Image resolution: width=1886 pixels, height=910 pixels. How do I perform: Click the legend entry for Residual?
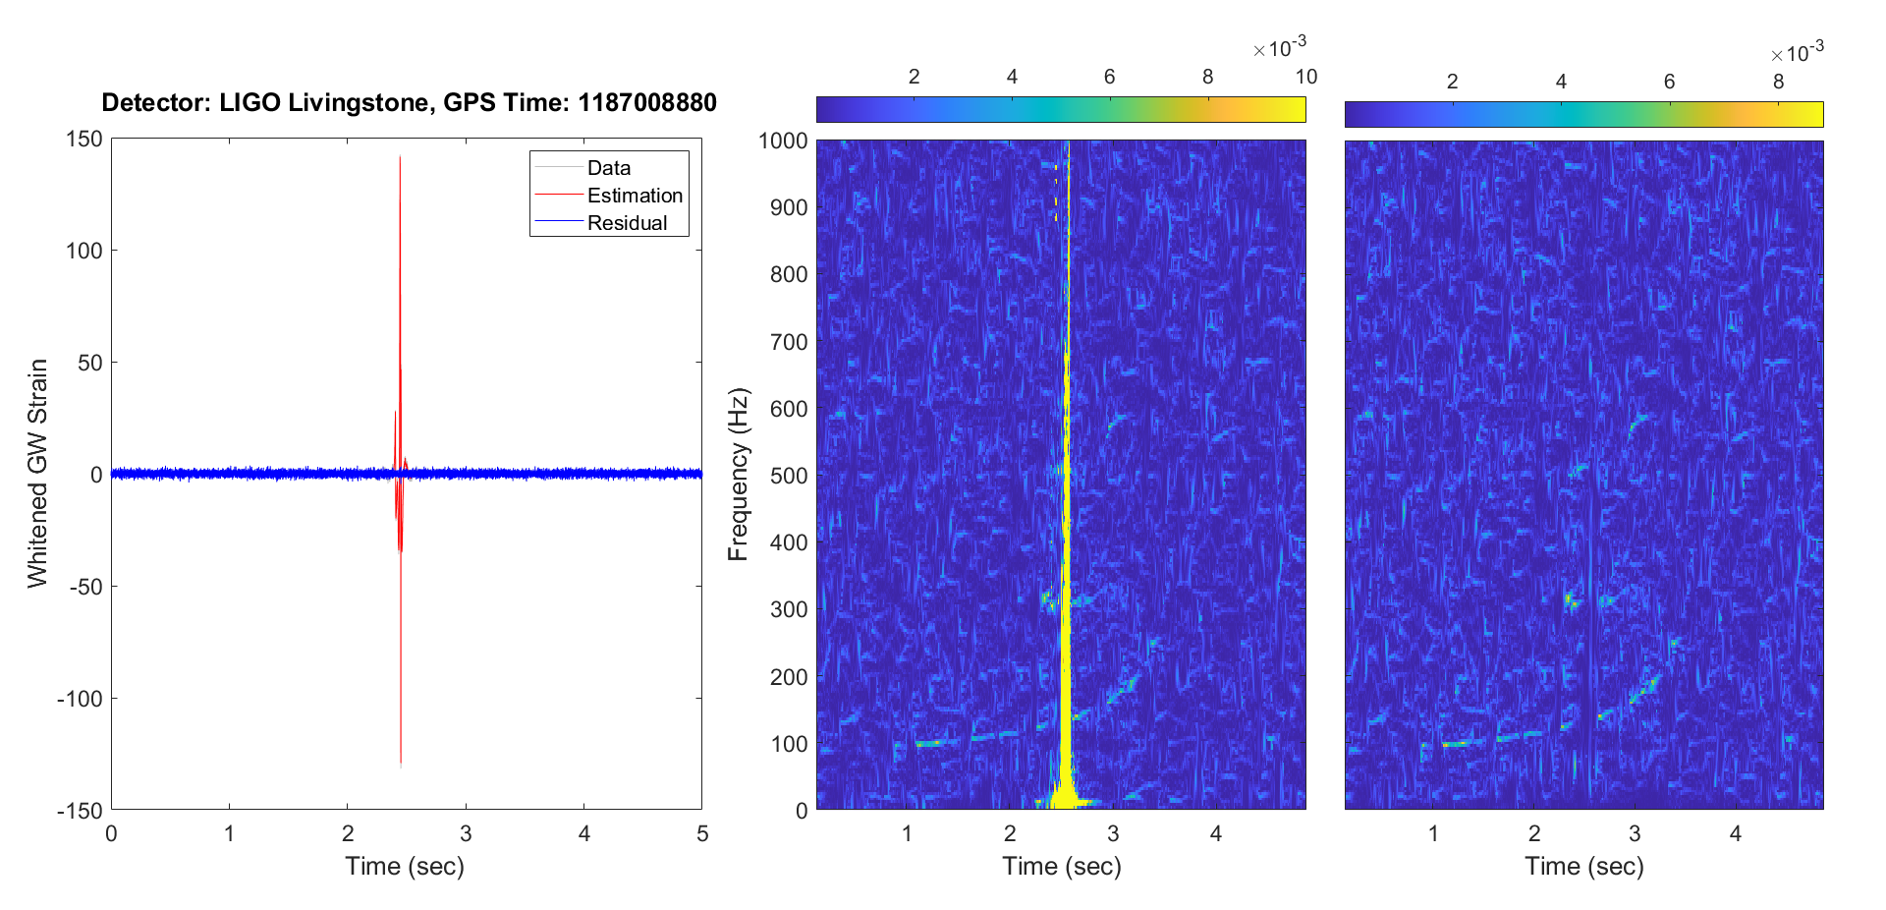(x=627, y=223)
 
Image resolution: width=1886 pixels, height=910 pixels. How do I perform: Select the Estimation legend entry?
(x=635, y=196)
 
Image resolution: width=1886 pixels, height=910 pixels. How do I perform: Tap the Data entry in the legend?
(x=609, y=168)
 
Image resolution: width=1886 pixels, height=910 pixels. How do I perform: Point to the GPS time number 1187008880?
(x=647, y=103)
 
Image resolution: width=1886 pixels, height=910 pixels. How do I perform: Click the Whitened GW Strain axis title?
(x=37, y=473)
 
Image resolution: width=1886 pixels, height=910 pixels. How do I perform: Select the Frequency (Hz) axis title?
(x=739, y=474)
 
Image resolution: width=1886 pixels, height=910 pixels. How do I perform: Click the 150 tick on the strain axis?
(x=84, y=140)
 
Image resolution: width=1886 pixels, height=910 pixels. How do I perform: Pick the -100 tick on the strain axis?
(x=80, y=699)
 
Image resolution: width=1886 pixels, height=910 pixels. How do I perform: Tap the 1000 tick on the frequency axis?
(x=783, y=141)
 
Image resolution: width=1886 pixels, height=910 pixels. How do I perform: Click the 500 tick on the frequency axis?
(x=789, y=476)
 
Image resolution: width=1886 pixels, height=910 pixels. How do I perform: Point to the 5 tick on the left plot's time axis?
(x=702, y=834)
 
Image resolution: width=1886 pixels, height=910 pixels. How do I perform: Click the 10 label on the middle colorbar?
(x=1305, y=77)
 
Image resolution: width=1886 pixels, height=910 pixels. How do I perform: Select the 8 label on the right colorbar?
(x=1778, y=82)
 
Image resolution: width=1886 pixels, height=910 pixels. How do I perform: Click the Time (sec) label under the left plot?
(x=405, y=867)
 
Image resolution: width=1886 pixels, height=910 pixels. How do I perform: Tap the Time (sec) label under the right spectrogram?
(x=1583, y=867)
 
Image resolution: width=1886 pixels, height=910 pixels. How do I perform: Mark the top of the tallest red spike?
(x=400, y=157)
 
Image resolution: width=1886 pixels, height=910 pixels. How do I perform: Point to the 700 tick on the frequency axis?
(x=789, y=342)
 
